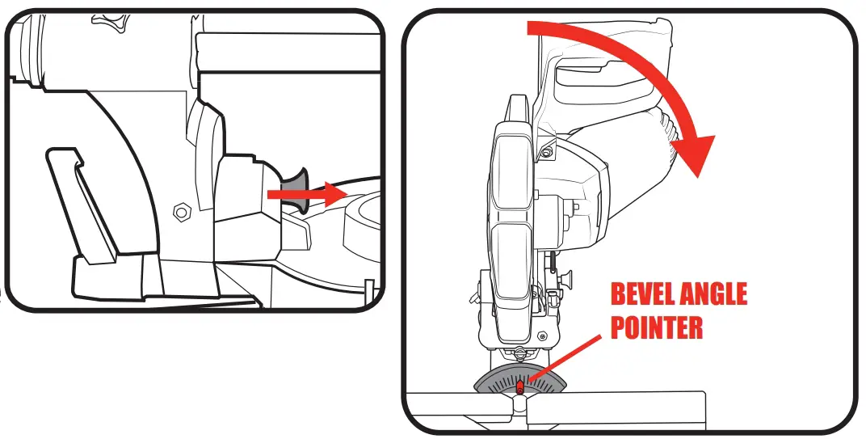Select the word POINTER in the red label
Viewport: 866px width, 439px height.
tap(656, 327)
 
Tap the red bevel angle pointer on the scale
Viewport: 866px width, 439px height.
tap(520, 389)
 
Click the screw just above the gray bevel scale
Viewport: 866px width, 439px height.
tap(517, 352)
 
